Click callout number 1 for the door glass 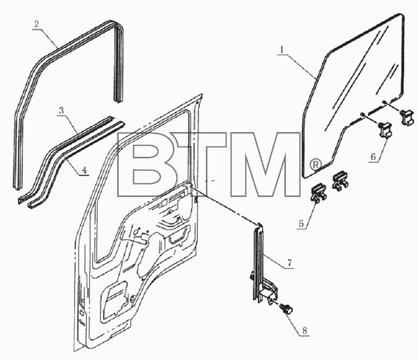click(x=282, y=50)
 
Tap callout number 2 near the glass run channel click(x=37, y=24)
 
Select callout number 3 click(x=61, y=110)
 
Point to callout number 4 click(x=84, y=170)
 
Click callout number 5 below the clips click(x=301, y=223)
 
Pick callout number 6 click(x=373, y=157)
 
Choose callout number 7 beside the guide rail click(x=290, y=263)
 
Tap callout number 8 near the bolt click(x=304, y=331)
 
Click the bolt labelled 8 click(x=286, y=309)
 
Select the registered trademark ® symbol click(x=316, y=165)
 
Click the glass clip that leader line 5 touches click(x=318, y=193)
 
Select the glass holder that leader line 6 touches click(x=385, y=130)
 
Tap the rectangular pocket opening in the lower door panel click(x=115, y=299)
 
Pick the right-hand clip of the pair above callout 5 click(x=340, y=181)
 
